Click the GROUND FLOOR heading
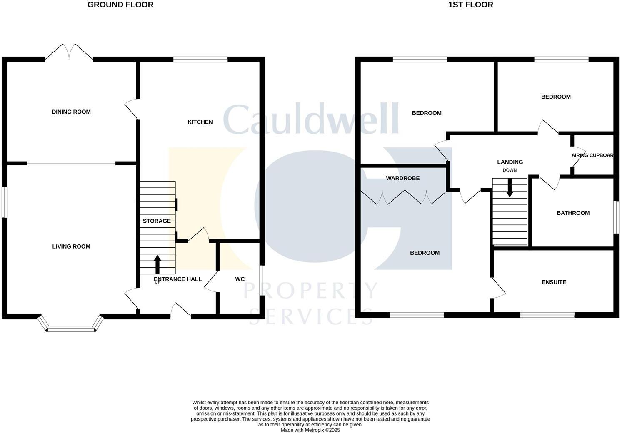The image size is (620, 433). click(x=120, y=5)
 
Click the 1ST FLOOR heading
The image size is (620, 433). click(x=470, y=5)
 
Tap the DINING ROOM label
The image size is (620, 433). click(x=71, y=112)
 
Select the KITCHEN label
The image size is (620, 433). click(x=200, y=122)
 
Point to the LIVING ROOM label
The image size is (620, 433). click(x=71, y=246)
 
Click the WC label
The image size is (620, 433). click(x=240, y=279)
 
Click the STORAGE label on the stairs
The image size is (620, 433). click(x=157, y=221)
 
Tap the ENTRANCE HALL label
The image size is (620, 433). click(x=178, y=279)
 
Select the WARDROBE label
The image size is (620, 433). click(x=403, y=178)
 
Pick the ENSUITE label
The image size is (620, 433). click(x=554, y=282)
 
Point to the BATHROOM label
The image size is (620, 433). click(x=573, y=213)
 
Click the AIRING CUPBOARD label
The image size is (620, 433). click(x=592, y=155)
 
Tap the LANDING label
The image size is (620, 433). click(x=510, y=162)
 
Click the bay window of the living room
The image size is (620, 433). click(x=71, y=329)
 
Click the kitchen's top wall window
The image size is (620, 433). click(x=200, y=60)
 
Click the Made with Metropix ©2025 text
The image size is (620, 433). click(x=310, y=430)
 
